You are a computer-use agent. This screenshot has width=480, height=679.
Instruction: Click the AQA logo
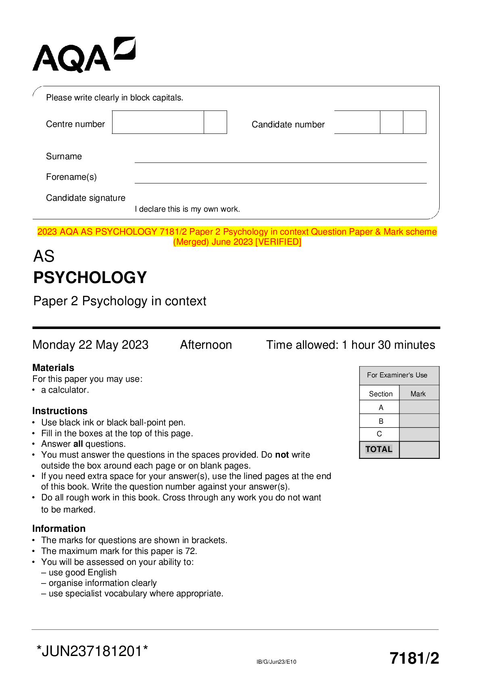point(83,55)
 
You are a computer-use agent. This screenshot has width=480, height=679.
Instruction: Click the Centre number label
point(75,124)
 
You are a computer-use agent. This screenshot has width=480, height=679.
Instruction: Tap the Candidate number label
point(288,125)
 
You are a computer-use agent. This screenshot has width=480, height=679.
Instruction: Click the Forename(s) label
point(71,177)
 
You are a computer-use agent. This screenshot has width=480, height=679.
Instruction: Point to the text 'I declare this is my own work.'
point(187,209)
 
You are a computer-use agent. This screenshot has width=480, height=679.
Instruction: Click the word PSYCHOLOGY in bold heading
point(90,277)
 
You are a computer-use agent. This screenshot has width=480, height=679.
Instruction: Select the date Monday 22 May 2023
point(90,345)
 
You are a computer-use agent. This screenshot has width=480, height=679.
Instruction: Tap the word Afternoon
point(206,345)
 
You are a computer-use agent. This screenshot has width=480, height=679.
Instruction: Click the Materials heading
point(53,368)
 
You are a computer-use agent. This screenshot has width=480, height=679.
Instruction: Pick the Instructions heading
point(60,411)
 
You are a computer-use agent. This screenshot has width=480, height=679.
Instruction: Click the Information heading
point(59,529)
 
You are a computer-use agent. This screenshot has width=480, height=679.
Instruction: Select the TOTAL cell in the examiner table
point(379,449)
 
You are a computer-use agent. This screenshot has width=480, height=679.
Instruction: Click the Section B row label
point(381,421)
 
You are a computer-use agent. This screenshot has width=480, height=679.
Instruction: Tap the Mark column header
point(418,394)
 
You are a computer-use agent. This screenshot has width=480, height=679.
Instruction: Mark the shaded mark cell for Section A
point(419,407)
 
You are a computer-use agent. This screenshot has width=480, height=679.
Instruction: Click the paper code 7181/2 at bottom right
point(414,658)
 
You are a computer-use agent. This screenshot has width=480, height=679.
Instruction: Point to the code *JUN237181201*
point(92,651)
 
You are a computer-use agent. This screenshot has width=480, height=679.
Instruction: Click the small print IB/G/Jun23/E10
point(276,662)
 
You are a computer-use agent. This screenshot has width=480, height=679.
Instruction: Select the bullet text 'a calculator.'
point(65,390)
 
